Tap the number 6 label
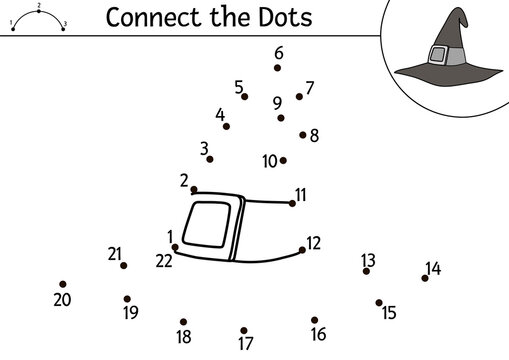278,53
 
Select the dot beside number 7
299,97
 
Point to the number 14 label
433,268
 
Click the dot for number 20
62,284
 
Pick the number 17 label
246,344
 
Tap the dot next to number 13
366,271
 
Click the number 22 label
164,261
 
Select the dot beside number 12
303,250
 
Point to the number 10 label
269,160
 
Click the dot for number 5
245,97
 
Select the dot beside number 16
314,320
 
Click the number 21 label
114,254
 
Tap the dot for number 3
210,159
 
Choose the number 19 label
130,312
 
